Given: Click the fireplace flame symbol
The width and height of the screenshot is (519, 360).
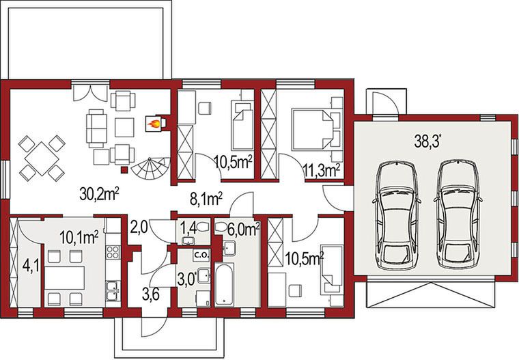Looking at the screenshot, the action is click(153, 124).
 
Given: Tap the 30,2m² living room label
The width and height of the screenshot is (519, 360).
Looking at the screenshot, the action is click(99, 193).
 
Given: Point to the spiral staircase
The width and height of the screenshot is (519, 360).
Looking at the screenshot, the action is click(151, 168).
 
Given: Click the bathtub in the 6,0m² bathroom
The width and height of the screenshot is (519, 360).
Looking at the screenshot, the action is click(225, 284).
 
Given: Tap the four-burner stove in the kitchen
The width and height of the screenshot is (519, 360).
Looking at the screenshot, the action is click(113, 251).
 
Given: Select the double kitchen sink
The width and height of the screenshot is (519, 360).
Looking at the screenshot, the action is click(113, 291).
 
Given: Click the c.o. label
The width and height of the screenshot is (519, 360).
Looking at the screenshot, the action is click(201, 255).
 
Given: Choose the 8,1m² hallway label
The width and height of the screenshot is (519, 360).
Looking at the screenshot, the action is click(206, 199).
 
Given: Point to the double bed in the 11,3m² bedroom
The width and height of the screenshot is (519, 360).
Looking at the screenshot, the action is click(312, 130).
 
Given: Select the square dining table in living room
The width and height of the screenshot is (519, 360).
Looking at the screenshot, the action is click(42, 158).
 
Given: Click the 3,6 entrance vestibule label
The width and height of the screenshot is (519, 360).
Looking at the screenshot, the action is click(151, 294).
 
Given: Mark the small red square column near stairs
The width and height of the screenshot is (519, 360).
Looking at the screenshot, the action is click(124, 170).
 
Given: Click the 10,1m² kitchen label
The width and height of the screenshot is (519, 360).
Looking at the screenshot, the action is click(79, 238).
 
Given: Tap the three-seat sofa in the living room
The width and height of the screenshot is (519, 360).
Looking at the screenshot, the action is click(96, 128).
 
